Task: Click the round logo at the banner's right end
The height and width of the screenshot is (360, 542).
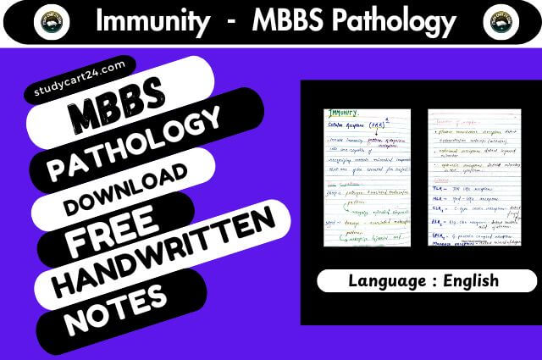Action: [x=503, y=21]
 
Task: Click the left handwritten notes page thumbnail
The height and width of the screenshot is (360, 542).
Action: [x=367, y=177]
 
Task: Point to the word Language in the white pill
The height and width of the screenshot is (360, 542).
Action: [x=373, y=280]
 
